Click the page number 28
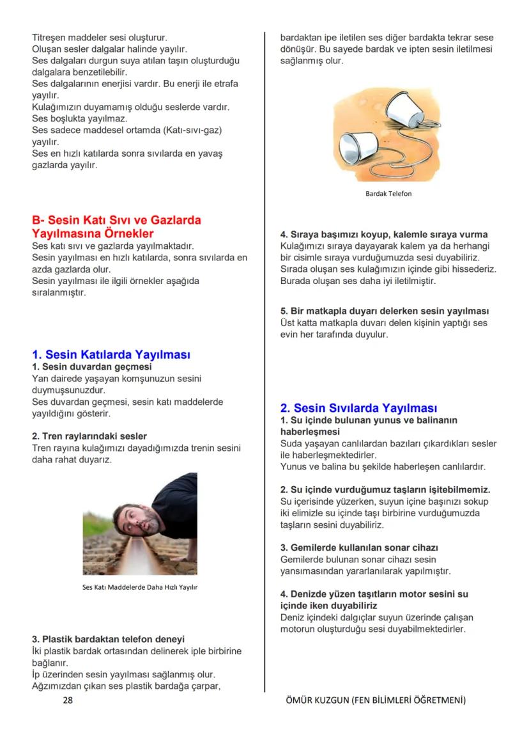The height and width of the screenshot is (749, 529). tap(68, 700)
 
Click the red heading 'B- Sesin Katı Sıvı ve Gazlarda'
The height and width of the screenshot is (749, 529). tap(117, 221)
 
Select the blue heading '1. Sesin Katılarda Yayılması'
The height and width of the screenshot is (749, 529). tap(111, 354)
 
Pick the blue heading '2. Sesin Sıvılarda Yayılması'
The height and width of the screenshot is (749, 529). tap(359, 408)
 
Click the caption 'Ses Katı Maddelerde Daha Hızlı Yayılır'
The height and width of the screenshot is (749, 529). tap(140, 587)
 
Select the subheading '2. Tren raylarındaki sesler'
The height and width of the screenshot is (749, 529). tap(89, 436)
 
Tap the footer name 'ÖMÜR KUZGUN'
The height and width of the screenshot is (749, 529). tap(318, 700)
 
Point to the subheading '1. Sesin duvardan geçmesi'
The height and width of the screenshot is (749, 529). tap(92, 367)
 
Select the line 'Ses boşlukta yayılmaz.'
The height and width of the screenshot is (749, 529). tap(80, 118)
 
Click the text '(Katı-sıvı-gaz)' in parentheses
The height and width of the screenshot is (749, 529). tap(191, 130)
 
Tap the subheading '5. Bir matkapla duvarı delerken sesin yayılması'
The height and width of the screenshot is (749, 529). tap(385, 311)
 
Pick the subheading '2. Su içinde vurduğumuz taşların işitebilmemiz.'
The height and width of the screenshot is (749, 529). tap(385, 489)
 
